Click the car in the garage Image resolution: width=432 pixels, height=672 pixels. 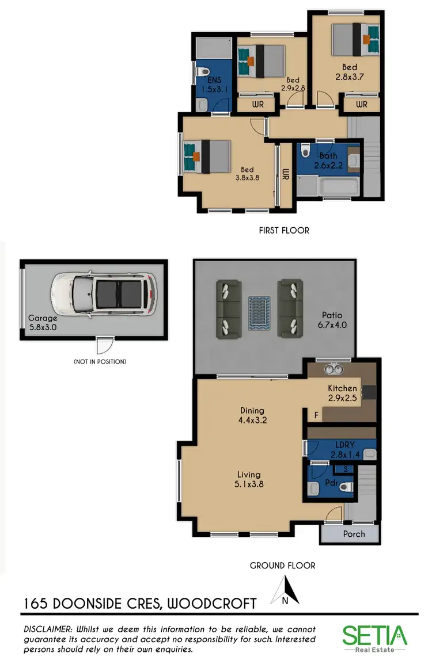pos(104,294)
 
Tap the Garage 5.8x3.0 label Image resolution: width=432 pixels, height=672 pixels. pos(43,322)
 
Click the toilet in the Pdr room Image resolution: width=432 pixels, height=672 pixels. pos(345,487)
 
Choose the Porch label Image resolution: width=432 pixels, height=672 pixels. pos(354,533)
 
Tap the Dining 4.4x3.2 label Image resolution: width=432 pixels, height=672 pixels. pos(252,415)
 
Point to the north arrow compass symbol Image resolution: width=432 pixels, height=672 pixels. pos(286,591)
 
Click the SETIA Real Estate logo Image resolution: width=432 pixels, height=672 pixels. pos(374,638)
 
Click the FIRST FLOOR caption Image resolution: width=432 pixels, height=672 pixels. pos(284,230)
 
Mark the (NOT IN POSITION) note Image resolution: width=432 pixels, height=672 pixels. pos(100,362)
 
